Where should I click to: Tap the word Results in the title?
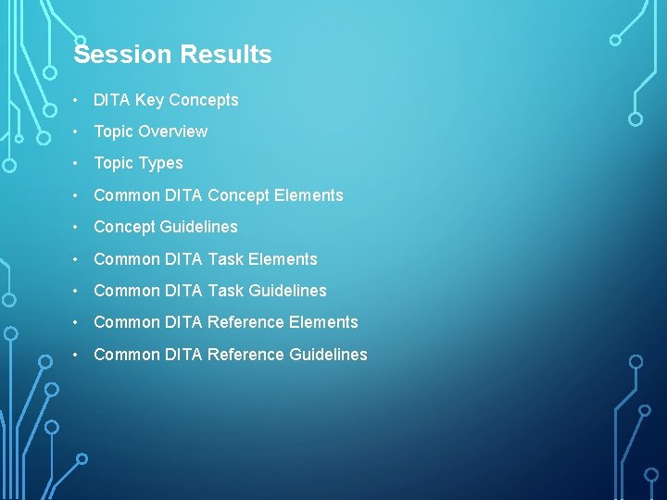[226, 55]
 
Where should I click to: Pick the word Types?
[160, 163]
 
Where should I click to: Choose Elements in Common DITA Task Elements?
[283, 259]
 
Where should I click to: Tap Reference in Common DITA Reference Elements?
[245, 322]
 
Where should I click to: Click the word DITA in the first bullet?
[112, 100]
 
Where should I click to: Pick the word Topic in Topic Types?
[114, 163]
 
